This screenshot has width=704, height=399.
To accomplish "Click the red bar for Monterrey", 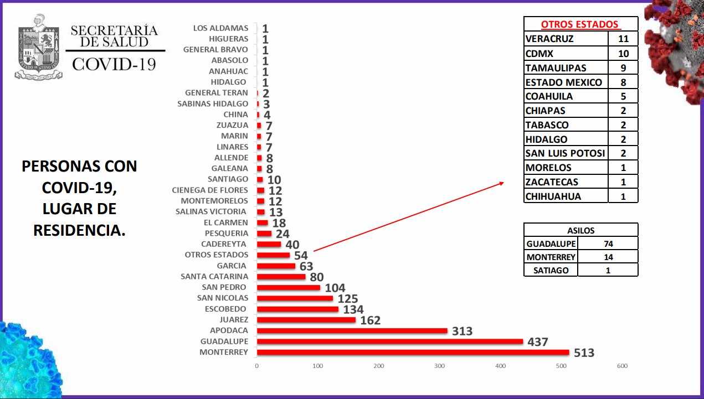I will point(413,352).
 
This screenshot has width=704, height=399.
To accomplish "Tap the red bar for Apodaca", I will point(352,330).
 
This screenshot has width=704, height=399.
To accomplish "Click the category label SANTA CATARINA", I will point(214,276).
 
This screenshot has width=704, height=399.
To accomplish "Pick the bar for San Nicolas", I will point(295,298).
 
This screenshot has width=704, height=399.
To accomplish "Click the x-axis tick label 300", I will point(440,366).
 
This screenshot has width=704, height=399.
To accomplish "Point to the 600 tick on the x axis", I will point(622,366).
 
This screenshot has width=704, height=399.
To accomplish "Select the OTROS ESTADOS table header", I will point(580,24).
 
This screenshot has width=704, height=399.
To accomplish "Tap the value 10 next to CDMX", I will point(623,53).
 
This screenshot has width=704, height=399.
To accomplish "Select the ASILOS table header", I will point(580,230).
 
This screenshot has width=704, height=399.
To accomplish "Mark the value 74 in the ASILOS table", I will point(608,243).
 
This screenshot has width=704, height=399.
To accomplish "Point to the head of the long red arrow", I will point(503,183).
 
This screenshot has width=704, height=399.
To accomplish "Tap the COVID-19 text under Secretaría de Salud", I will point(114,64).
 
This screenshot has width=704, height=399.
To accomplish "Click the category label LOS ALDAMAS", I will point(221,28).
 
